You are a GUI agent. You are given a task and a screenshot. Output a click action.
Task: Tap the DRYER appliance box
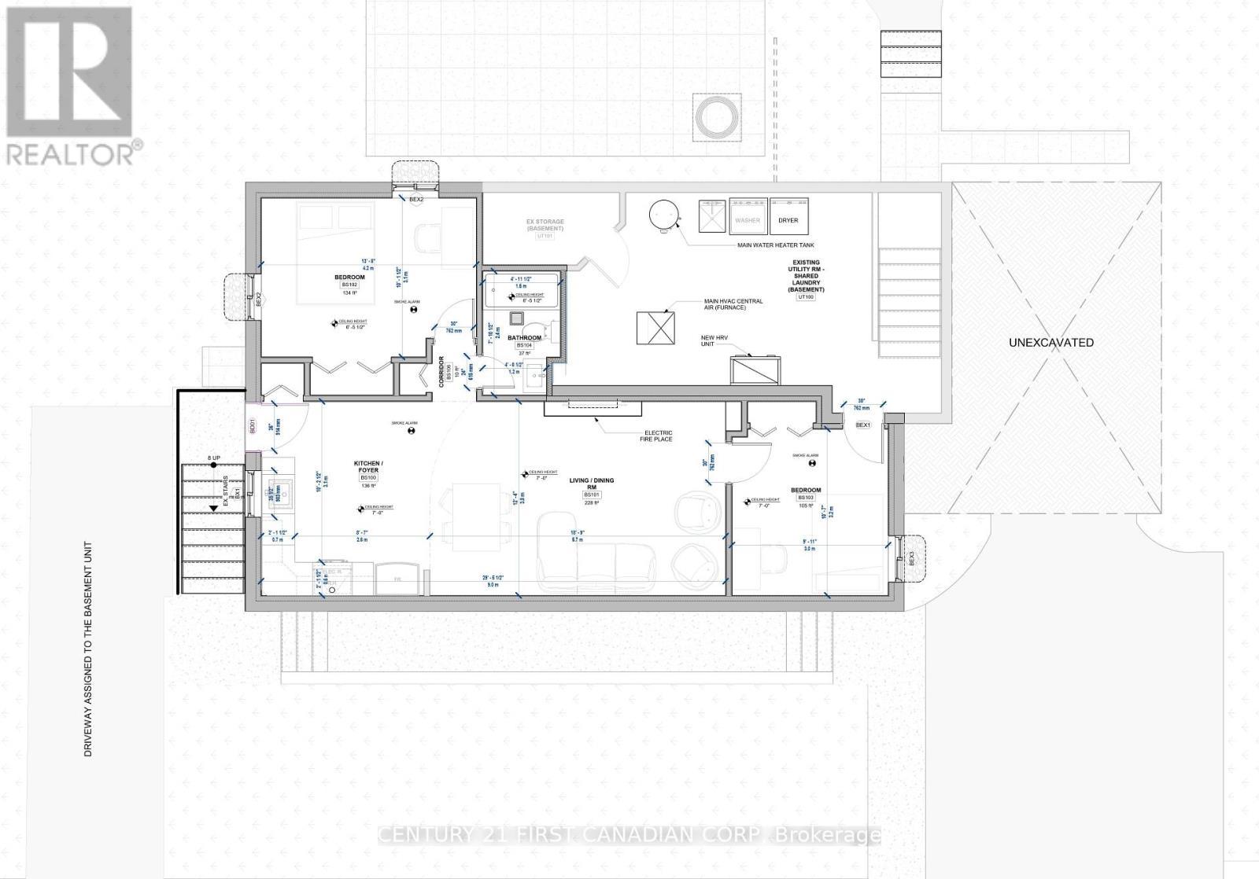[788, 219]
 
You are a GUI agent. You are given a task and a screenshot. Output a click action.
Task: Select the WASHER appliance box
[748, 219]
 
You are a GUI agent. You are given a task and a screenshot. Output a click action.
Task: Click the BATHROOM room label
[524, 337]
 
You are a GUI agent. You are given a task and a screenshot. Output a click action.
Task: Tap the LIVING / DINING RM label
[593, 484]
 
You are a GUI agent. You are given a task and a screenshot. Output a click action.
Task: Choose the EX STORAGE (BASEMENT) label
[545, 225]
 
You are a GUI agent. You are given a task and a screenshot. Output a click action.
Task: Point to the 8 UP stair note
[214, 458]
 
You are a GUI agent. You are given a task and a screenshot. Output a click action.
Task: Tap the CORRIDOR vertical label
[441, 370]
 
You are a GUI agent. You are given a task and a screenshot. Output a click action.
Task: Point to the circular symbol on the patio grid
[715, 118]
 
